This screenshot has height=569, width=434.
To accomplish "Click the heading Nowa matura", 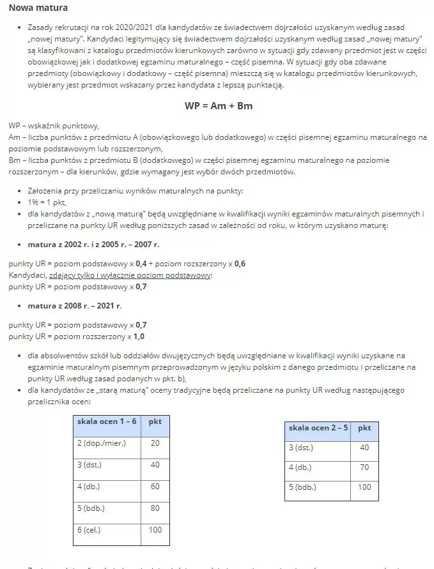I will tap(38, 8).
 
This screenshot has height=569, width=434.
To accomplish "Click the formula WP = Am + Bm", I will tap(219, 106).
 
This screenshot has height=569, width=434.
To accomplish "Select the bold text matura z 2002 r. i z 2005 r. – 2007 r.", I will tap(93, 244).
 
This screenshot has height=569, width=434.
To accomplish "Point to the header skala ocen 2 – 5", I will tap(318, 427).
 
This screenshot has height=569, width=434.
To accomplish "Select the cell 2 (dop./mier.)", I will tap(101, 443).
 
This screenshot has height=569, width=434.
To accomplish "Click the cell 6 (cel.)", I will tap(92, 530).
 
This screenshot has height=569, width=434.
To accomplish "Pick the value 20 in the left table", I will tap(155, 443).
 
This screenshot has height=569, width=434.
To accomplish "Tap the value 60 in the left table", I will tap(155, 487).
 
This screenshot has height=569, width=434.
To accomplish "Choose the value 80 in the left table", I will tap(155, 508).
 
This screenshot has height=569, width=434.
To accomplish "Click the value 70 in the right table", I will tap(364, 467).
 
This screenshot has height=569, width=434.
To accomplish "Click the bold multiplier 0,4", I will tap(142, 264).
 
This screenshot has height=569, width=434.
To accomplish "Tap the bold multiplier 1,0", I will tap(139, 336).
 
